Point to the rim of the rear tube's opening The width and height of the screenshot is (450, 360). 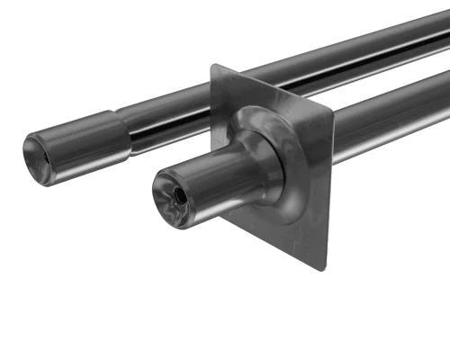click(x=27, y=144)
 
